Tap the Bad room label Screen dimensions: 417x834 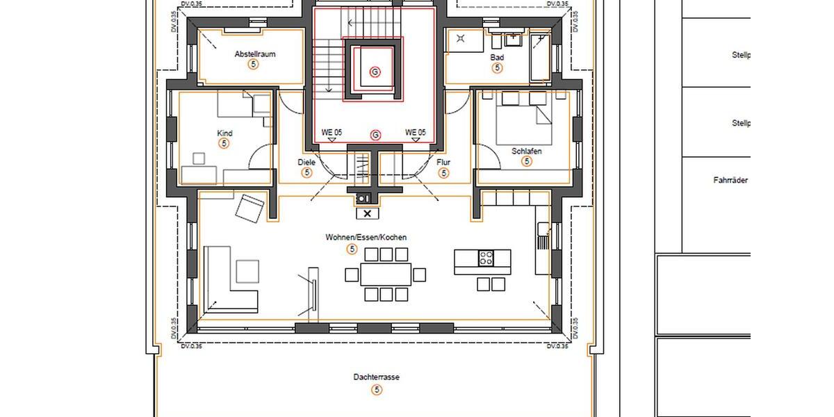(x=497, y=57)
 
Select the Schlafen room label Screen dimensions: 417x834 (x=526, y=151)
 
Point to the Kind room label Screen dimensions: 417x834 (x=224, y=133)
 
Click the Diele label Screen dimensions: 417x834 (x=306, y=163)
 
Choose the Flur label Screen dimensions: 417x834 (x=443, y=163)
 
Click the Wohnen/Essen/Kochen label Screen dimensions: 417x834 (x=366, y=237)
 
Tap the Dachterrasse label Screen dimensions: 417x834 (x=376, y=377)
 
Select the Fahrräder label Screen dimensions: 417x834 (x=730, y=180)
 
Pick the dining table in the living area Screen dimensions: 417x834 (x=385, y=274)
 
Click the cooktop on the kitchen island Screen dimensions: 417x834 (x=486, y=259)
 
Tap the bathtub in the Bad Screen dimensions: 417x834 (x=539, y=55)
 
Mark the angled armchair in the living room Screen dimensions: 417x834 (x=250, y=208)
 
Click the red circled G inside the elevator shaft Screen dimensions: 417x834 (x=375, y=72)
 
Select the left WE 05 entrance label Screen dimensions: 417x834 (x=332, y=132)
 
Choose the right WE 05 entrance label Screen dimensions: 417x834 (x=415, y=132)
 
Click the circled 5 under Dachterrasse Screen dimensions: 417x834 (x=377, y=390)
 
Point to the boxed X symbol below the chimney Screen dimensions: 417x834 (x=367, y=213)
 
